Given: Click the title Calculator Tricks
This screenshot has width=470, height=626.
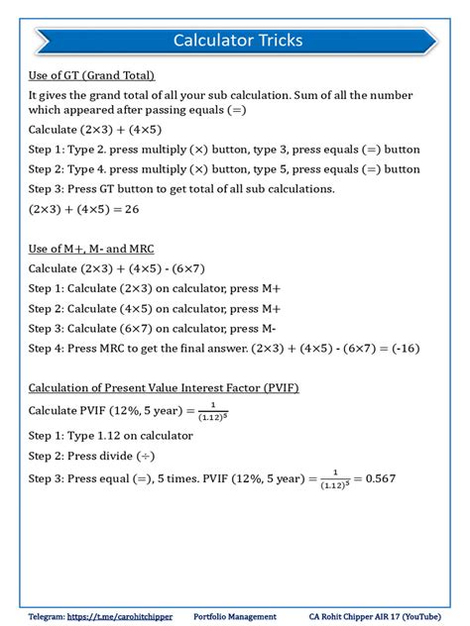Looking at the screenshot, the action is coord(237,41).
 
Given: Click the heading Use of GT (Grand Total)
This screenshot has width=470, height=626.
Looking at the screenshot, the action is coord(91,75).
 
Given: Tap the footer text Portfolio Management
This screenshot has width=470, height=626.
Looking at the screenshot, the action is coord(234,614).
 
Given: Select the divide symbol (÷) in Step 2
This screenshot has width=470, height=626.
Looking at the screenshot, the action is coord(142,455).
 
